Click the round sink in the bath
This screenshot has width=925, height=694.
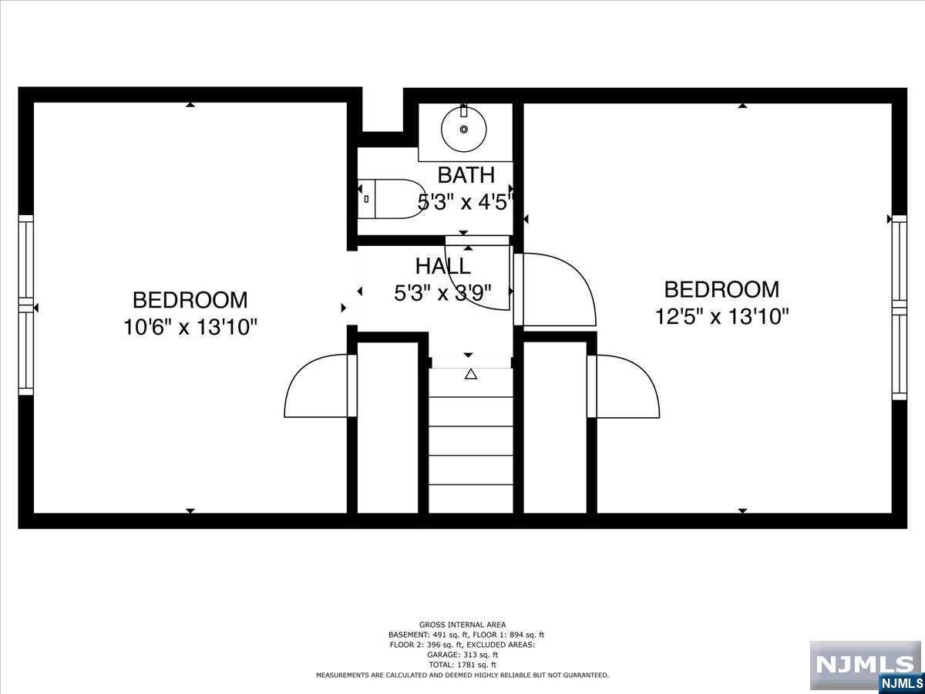pos(464,130)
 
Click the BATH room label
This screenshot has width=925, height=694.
pos(466,174)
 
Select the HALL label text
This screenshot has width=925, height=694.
pos(442,266)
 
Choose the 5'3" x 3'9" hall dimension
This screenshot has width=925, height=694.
pos(442,292)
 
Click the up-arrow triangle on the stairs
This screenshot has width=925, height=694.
pos(471,375)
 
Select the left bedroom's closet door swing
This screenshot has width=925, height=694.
pos(316,387)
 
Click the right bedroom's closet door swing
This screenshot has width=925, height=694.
pos(626,387)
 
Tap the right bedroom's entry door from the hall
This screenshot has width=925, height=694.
pos(557,289)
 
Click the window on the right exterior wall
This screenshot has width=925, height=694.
pos(899,306)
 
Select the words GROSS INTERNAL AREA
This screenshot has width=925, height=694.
pos(462,625)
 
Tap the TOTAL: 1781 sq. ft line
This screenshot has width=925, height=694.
pos(462,665)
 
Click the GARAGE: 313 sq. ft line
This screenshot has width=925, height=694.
pos(462,655)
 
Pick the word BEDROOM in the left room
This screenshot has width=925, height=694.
pos(190,300)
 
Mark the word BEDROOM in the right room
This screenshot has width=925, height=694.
pos(721,290)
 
